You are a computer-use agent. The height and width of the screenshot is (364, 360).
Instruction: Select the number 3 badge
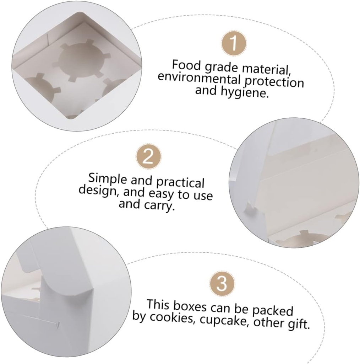222,284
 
